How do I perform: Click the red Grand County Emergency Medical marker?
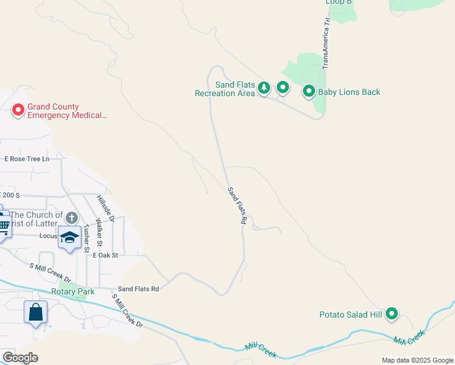(x=18, y=110)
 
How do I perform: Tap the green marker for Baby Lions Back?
(x=308, y=92)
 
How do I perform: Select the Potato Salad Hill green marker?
(x=392, y=314)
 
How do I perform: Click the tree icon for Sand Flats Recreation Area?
(x=264, y=88)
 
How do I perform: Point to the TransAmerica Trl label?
(x=326, y=42)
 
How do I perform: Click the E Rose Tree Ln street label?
(x=27, y=159)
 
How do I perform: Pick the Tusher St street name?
(x=86, y=238)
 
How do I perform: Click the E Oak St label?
(x=105, y=255)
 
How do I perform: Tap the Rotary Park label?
(x=72, y=291)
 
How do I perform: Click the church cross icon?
(x=72, y=218)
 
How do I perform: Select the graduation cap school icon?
(x=69, y=237)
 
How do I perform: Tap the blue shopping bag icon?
(x=36, y=312)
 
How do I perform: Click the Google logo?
(x=20, y=358)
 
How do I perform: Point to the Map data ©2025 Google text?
(x=417, y=360)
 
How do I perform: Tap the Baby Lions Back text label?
(x=349, y=92)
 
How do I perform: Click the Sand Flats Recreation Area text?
(x=224, y=89)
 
